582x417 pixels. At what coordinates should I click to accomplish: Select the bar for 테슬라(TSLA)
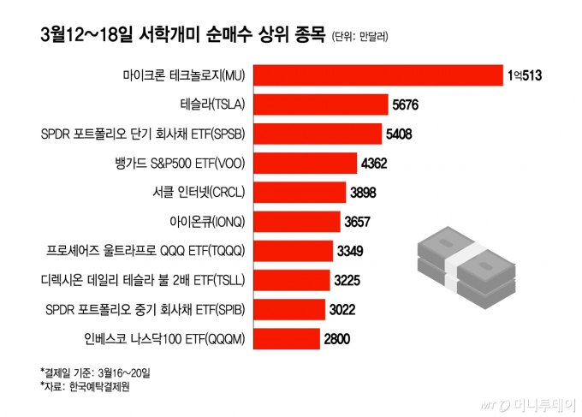pos(322,105)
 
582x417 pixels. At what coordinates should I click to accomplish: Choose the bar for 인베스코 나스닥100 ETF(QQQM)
pos(287,338)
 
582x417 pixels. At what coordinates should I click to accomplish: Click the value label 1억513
pos(525,76)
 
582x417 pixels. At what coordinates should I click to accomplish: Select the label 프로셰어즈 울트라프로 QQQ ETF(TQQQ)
pos(146,251)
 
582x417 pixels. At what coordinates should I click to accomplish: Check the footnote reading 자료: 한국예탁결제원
pos(89,386)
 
